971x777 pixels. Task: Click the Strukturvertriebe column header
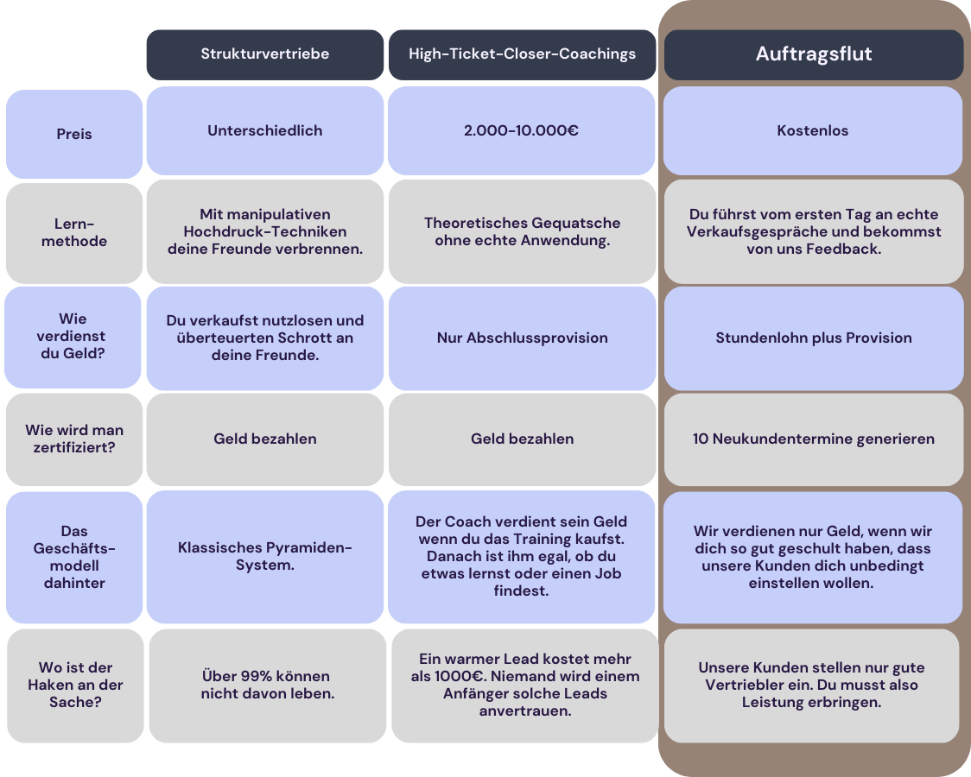[265, 54]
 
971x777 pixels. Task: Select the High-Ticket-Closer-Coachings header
[522, 54]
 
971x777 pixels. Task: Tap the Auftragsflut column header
[814, 54]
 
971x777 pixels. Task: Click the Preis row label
[74, 134]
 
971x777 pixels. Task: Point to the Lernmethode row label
[74, 232]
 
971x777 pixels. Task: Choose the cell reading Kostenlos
[813, 130]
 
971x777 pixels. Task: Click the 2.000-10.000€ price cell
[522, 130]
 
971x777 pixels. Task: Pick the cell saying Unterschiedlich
[265, 130]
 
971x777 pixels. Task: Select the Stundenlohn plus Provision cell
[814, 338]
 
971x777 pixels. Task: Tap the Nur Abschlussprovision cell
[522, 338]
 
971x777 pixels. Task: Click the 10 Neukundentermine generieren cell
[814, 439]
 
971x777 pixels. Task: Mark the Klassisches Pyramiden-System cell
[265, 557]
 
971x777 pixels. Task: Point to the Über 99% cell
[268, 685]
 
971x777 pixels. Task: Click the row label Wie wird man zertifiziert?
[74, 439]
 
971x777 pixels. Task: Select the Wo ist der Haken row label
[75, 685]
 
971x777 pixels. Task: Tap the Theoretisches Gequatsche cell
[522, 232]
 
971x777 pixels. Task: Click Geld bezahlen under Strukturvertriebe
[265, 439]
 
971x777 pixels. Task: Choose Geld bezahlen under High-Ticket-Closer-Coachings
[522, 439]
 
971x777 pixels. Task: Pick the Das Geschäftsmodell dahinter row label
[74, 557]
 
